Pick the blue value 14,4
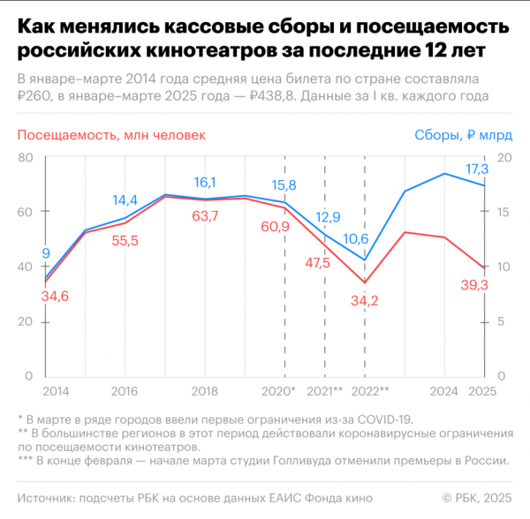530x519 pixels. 125,199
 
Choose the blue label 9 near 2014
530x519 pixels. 45,255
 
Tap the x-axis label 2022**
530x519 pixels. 368,390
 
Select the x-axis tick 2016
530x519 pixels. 124,390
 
